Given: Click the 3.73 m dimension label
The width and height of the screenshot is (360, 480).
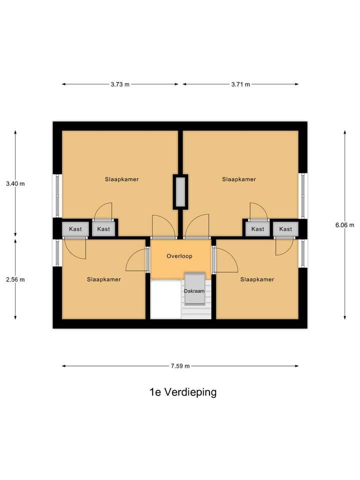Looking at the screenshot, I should pyautogui.click(x=120, y=84).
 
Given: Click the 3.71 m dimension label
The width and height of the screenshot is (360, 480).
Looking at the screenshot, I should pyautogui.click(x=240, y=84).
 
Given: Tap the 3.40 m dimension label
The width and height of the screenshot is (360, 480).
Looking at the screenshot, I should pyautogui.click(x=15, y=183).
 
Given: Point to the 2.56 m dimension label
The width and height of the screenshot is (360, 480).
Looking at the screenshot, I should pyautogui.click(x=15, y=279).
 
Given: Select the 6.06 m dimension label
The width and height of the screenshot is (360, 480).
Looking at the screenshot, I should pyautogui.click(x=344, y=224).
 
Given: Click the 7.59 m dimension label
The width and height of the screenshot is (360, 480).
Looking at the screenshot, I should pyautogui.click(x=180, y=366).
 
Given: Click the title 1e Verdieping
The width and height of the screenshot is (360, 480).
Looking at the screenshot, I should pyautogui.click(x=183, y=392).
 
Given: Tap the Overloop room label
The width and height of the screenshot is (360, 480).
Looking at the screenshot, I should pyautogui.click(x=179, y=256).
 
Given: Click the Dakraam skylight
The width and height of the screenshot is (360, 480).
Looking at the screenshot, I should pyautogui.click(x=194, y=290).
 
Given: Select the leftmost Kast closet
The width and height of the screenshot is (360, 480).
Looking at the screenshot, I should pyautogui.click(x=75, y=229).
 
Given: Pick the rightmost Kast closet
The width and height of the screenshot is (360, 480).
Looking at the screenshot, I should pyautogui.click(x=285, y=229).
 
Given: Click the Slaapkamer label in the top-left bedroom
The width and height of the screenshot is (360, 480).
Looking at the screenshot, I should pyautogui.click(x=121, y=179).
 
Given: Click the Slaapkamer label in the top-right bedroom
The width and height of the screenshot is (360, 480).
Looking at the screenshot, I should pyautogui.click(x=239, y=179).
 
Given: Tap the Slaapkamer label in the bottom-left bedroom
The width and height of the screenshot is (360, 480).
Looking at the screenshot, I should pyautogui.click(x=103, y=279).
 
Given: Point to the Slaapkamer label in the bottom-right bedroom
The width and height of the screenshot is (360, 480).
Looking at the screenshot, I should pyautogui.click(x=257, y=279).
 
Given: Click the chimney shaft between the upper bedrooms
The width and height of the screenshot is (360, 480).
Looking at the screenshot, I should pyautogui.click(x=180, y=191).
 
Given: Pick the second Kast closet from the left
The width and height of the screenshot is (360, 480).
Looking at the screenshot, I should pyautogui.click(x=104, y=229).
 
